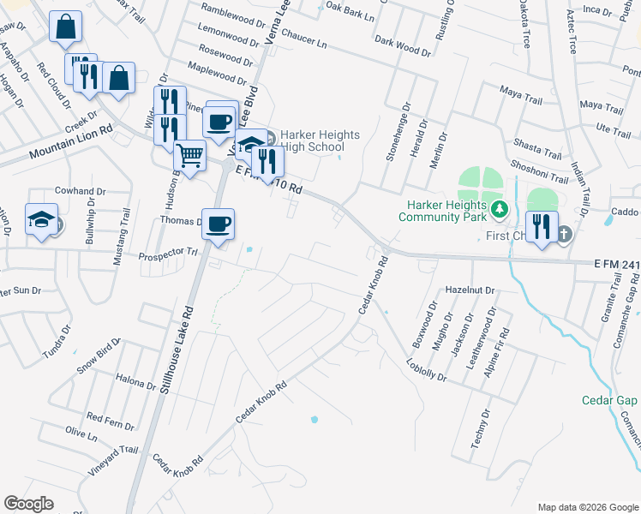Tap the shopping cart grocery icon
coord(190,156)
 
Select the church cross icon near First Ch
coord(565,233)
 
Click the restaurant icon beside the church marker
coord(542,227)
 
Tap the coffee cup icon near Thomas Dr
coord(218,224)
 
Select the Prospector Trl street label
coord(169,254)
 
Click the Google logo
coord(28,504)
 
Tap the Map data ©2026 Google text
coord(588,507)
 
